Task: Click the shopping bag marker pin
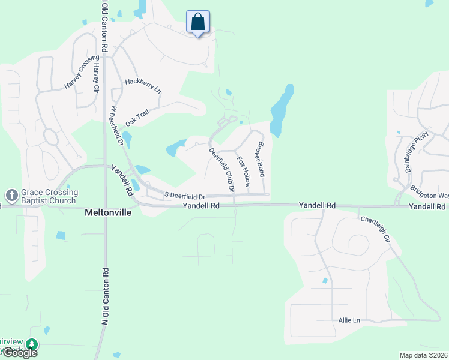[x=198, y=23]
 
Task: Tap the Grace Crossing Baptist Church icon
[x=11, y=196]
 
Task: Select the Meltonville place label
[x=107, y=213]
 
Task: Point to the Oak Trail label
[x=137, y=118]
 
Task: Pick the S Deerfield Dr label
[x=185, y=196]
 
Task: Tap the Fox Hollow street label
[x=243, y=171]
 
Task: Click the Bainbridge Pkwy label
[x=415, y=151]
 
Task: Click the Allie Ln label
[x=348, y=321]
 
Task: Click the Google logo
[x=19, y=353]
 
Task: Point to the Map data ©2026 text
[x=424, y=355]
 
